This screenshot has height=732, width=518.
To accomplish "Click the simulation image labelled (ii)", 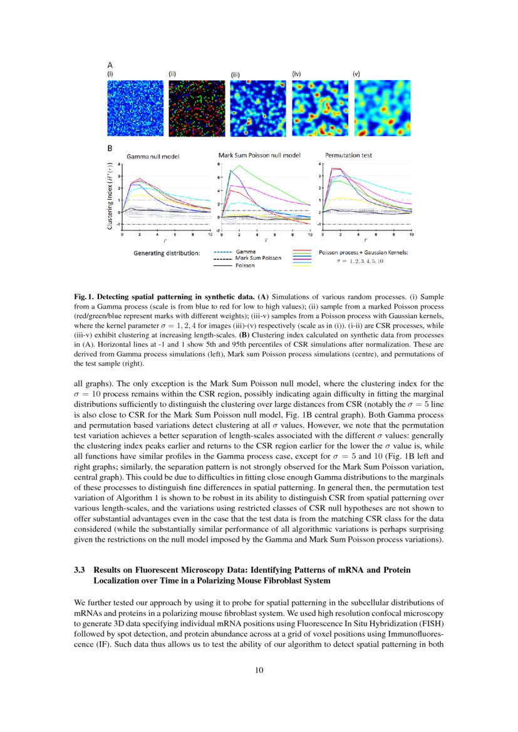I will pyautogui.click(x=195, y=108).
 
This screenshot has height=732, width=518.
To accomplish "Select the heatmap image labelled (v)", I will pyautogui.click(x=382, y=108).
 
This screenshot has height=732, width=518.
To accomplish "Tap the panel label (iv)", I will pyautogui.click(x=297, y=73).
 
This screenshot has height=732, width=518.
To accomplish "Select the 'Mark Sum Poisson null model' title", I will pyautogui.click(x=259, y=155).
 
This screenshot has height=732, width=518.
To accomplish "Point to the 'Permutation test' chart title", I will pyautogui.click(x=350, y=155).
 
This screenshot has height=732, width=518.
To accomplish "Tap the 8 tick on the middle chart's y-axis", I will pyautogui.click(x=218, y=164).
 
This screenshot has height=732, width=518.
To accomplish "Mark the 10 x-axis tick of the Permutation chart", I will pyautogui.click(x=412, y=234).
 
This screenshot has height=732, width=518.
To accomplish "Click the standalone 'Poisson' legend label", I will pyautogui.click(x=245, y=265).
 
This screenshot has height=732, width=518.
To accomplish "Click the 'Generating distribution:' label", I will pyautogui.click(x=167, y=254).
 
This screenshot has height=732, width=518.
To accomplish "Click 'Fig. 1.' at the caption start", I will pyautogui.click(x=84, y=295).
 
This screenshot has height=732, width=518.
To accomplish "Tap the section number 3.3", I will pyautogui.click(x=80, y=570).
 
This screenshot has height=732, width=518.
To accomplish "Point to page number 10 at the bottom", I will pyautogui.click(x=259, y=671).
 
